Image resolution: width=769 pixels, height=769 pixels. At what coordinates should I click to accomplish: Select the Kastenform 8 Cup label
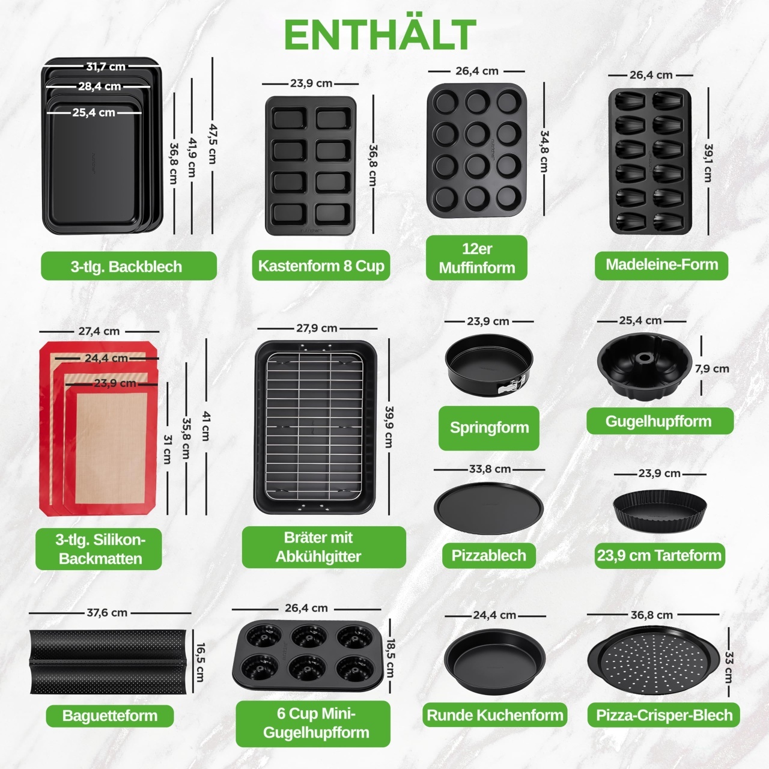tap(321, 266)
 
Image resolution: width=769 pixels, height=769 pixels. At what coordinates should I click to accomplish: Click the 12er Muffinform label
tap(476, 258)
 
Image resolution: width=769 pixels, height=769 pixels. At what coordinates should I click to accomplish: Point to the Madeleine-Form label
tap(661, 265)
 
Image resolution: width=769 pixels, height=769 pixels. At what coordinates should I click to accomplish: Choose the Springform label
tap(489, 427)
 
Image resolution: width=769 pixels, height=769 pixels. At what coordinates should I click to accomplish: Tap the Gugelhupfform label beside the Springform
tap(660, 421)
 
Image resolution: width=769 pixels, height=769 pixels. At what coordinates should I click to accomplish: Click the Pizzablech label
tap(489, 555)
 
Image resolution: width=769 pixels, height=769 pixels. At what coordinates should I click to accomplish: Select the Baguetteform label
tap(110, 716)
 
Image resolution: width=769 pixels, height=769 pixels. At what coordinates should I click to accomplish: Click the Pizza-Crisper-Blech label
tap(664, 715)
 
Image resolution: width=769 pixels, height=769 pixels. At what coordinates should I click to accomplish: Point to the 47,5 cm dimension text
tap(213, 144)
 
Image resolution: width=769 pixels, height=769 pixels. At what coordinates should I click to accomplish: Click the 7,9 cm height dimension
tap(712, 369)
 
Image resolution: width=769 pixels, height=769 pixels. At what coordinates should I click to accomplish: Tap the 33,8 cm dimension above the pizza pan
tap(490, 469)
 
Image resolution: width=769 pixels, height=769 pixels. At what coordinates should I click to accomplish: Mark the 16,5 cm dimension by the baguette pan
tap(199, 662)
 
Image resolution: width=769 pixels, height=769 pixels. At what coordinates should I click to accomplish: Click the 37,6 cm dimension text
tap(107, 613)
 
